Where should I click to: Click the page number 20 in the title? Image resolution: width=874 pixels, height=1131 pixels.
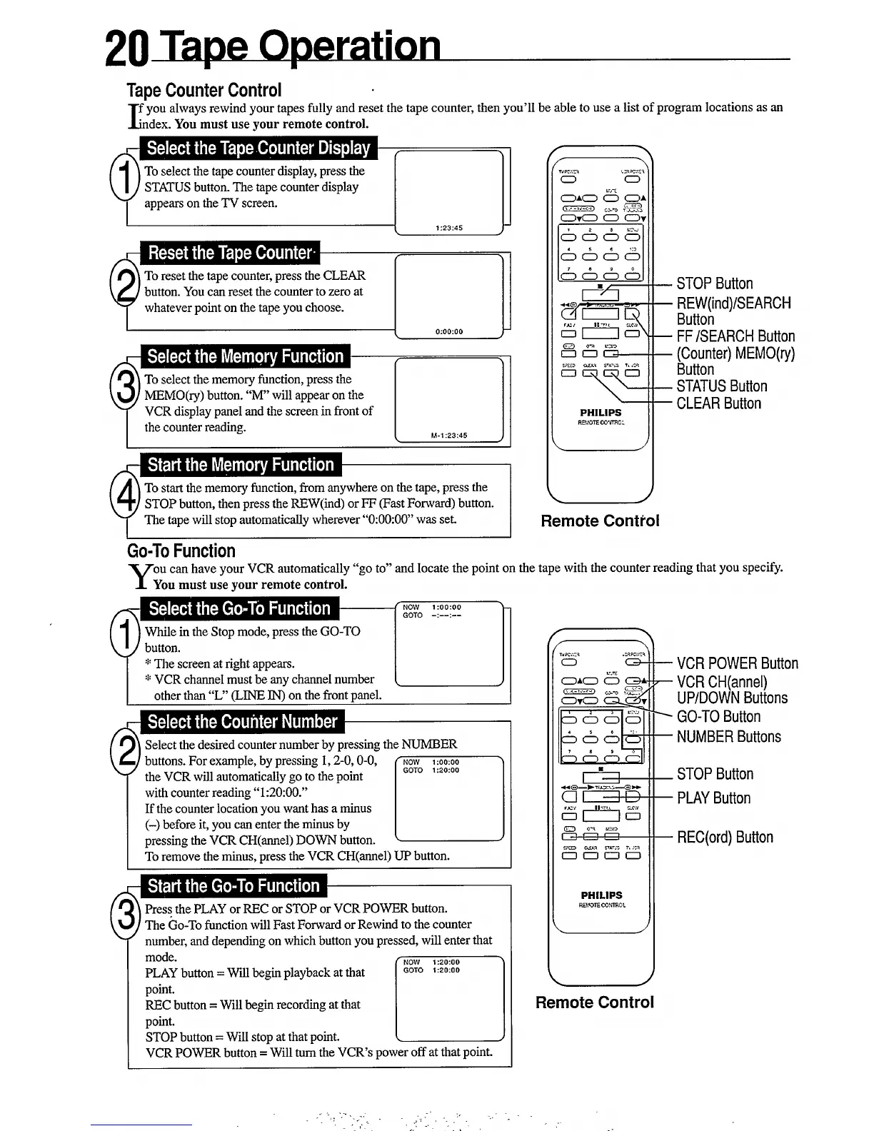pos(126,48)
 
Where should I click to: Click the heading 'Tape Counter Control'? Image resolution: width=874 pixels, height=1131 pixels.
pos(204,91)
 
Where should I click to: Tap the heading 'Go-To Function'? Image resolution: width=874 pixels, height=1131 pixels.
pos(181,551)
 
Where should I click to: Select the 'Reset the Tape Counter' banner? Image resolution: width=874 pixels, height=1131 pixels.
pos(230,253)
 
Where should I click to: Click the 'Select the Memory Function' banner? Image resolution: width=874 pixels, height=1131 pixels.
pos(245,357)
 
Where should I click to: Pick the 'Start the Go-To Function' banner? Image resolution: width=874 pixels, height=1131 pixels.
pos(233,887)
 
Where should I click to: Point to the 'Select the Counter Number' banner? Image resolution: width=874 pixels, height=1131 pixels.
pos(242,722)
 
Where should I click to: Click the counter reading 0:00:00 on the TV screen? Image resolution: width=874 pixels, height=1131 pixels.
pos(449,331)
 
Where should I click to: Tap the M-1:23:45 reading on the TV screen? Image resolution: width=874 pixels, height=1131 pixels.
pos(449,436)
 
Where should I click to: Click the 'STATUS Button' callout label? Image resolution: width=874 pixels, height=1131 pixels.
pos(722,387)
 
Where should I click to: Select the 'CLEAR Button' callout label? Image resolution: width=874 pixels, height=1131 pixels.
pos(719,404)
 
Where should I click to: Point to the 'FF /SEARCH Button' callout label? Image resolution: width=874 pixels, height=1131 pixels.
pos(735,336)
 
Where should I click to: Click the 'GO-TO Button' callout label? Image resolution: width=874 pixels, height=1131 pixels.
pos(718,717)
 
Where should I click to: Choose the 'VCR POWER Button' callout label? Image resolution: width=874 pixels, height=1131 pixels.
pos(737,664)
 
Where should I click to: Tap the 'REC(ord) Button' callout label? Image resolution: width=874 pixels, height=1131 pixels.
pos(725,838)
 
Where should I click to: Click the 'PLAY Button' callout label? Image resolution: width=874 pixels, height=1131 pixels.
pos(713,798)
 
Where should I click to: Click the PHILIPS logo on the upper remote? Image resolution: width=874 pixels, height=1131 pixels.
pos(601,413)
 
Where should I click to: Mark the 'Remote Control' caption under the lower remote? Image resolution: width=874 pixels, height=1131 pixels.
pos(595,1002)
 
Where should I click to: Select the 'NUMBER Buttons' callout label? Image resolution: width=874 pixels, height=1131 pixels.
pos(728,737)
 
